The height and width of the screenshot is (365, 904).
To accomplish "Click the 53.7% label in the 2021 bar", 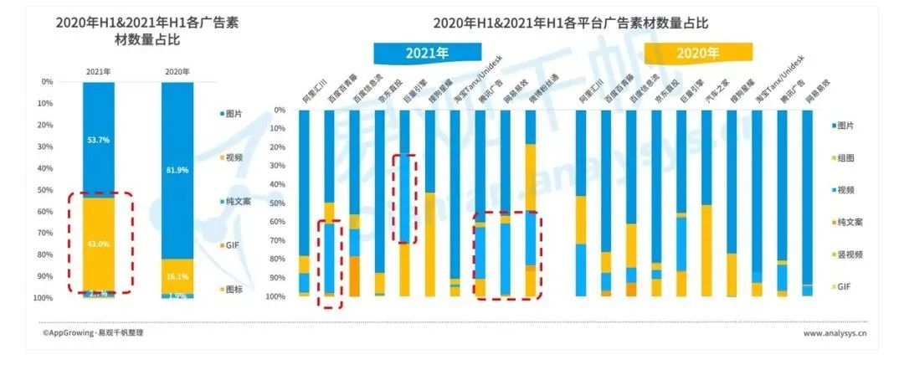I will [98, 141].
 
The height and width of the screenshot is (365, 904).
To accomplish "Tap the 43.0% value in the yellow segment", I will [98, 244].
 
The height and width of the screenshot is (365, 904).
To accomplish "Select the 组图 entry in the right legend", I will [855, 157].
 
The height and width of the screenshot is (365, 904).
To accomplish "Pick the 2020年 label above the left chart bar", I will [177, 71].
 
